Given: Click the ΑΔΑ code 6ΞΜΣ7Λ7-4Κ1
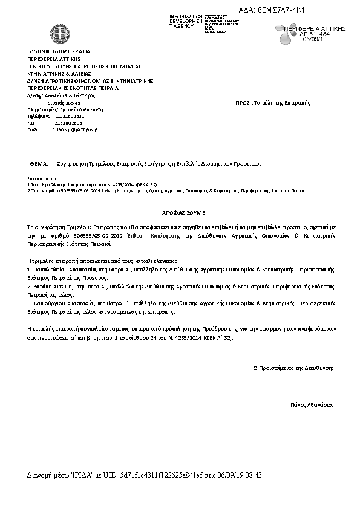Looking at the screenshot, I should [298, 11].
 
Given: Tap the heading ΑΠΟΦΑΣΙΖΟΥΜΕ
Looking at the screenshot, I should [181, 213].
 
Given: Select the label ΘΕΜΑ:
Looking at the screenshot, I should [38, 164].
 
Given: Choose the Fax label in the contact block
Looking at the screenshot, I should [31, 122].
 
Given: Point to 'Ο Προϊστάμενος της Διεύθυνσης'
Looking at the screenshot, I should [293, 368].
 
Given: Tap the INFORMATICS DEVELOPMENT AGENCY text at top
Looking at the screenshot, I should [187, 20].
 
